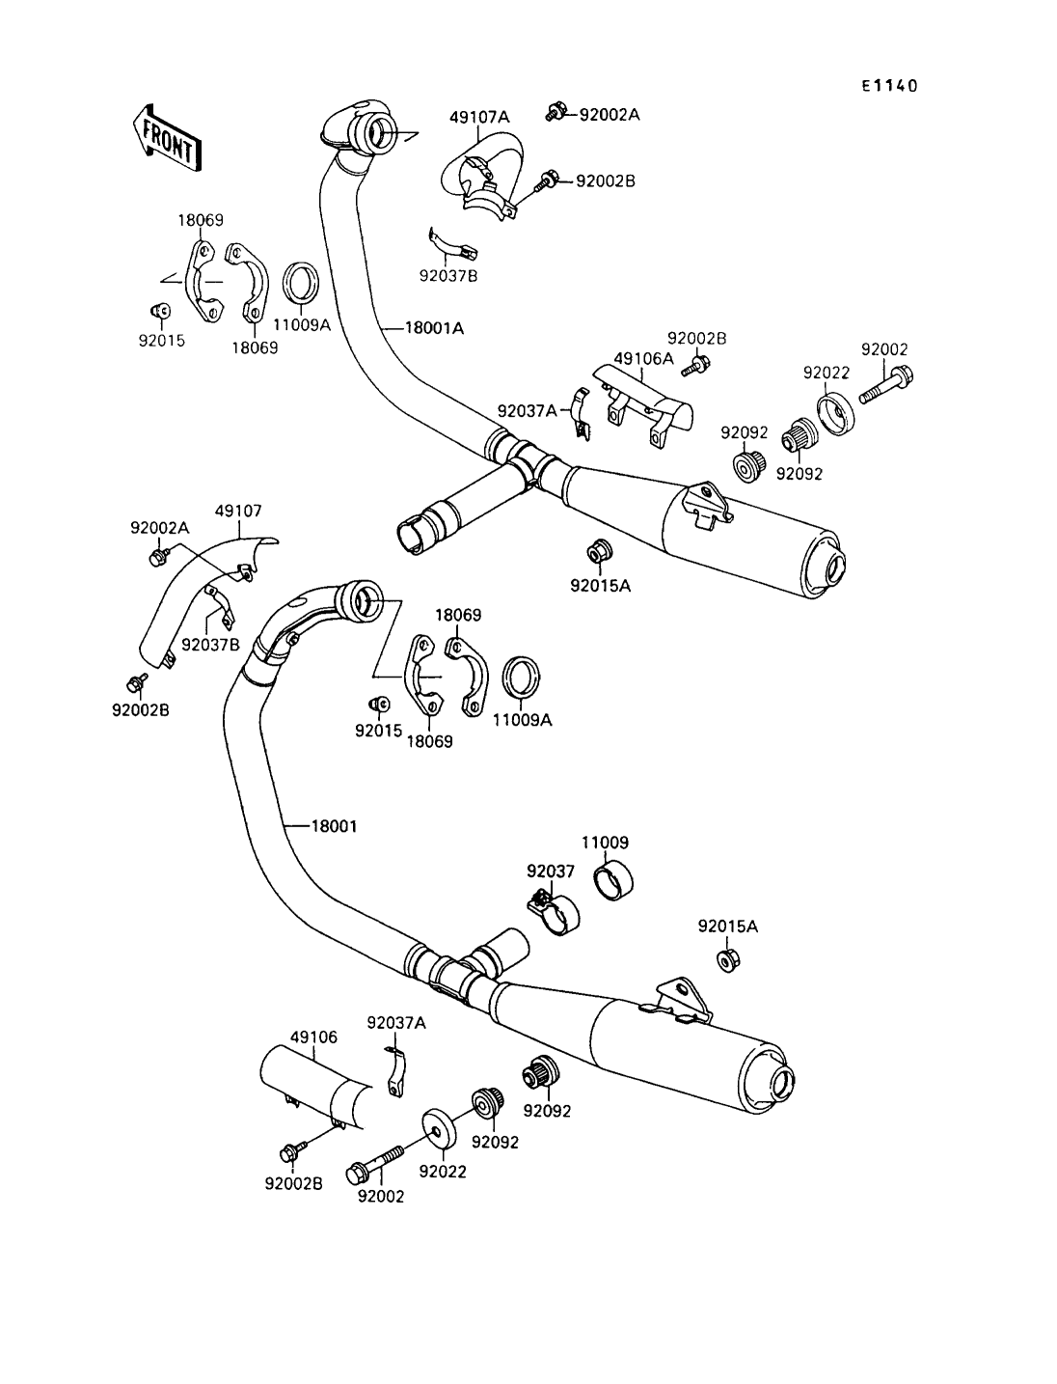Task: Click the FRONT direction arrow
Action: coord(166,138)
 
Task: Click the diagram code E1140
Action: coord(889,86)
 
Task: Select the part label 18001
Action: coord(334,826)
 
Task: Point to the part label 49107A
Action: coord(479,117)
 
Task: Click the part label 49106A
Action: coord(643,358)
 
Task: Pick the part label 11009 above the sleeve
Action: coord(605,843)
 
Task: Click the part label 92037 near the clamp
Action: coord(551,872)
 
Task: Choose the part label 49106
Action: coord(314,1038)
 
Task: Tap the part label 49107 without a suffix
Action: coord(238,511)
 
